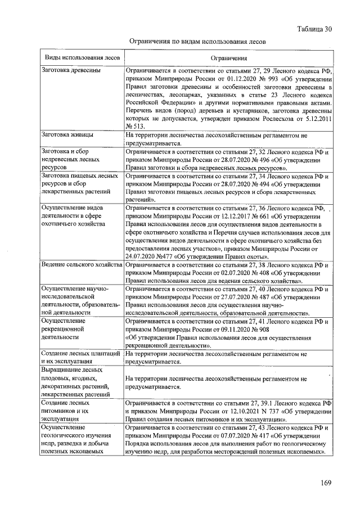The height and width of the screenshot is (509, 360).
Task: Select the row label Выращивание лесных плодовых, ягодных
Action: (75, 382)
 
